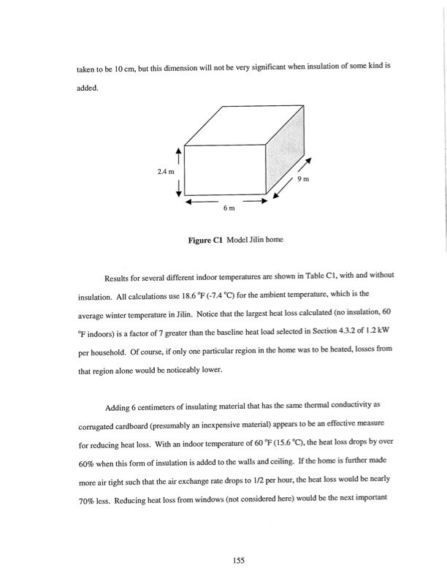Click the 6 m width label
229,209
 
